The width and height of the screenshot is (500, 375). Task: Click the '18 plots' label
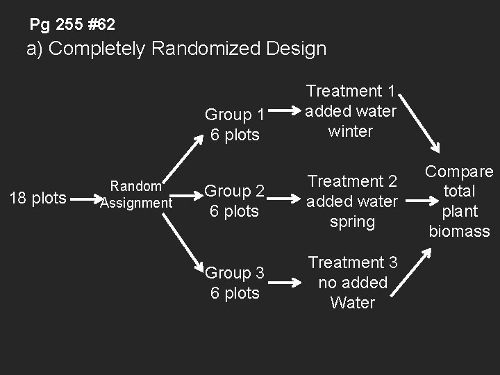(37, 199)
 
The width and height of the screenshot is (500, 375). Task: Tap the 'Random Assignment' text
(136, 194)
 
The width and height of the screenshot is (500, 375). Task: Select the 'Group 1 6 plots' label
(235, 124)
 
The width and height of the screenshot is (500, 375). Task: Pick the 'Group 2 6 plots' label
(235, 201)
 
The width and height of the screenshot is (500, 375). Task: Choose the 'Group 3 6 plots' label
(235, 283)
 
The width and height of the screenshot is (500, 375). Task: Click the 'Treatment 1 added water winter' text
(351, 111)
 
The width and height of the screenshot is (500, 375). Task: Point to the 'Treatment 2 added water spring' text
(352, 201)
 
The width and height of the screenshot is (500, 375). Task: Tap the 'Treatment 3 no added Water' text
(353, 283)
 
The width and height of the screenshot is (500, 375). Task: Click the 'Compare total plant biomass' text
(459, 201)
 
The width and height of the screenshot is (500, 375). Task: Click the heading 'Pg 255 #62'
(72, 25)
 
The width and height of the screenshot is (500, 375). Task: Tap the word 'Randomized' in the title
(206, 49)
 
